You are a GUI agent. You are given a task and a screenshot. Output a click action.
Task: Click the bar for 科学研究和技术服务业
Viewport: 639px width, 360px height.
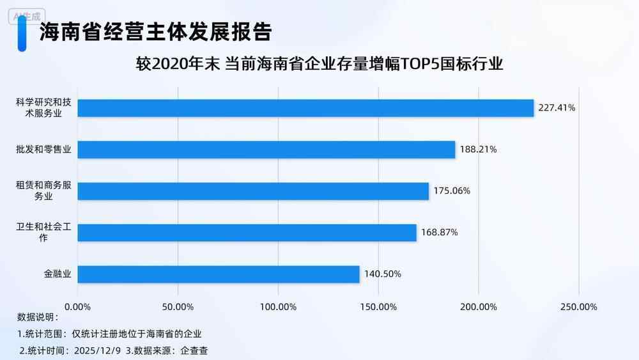(x=305, y=108)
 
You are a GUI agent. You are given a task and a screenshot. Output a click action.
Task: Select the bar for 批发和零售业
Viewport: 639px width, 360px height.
(x=266, y=150)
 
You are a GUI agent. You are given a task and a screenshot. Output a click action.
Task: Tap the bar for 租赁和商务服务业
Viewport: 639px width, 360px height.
(x=253, y=191)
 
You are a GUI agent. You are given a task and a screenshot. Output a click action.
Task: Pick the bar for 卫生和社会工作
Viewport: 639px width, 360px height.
(x=247, y=233)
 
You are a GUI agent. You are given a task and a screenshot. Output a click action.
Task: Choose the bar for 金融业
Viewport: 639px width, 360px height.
(x=219, y=274)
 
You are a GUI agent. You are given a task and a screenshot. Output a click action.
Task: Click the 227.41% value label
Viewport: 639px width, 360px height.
(x=557, y=108)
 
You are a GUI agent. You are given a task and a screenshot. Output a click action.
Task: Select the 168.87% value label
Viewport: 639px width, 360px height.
(x=439, y=233)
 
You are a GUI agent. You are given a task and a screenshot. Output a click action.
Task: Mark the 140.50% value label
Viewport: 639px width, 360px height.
(x=383, y=274)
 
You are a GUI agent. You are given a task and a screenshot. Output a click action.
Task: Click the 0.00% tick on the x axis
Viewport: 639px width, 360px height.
(x=78, y=306)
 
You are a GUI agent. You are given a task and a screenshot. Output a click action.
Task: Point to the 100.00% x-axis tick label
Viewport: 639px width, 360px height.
(x=278, y=306)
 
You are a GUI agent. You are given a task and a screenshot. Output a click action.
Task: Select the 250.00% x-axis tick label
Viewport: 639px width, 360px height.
(x=578, y=306)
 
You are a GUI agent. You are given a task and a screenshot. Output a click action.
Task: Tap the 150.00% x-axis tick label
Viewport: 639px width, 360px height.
(x=378, y=306)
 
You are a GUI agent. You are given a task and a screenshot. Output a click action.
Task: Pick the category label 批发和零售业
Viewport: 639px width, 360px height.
(x=43, y=150)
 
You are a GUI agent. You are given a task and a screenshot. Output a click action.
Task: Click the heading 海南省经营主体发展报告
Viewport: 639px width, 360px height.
(x=156, y=31)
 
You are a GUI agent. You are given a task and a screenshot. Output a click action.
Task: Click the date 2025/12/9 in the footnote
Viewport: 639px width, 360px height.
(x=98, y=350)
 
